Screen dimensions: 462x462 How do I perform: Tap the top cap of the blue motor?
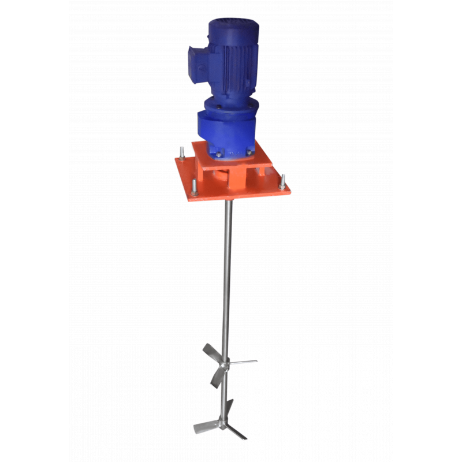point(231,26)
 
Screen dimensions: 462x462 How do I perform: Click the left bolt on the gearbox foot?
point(219,154)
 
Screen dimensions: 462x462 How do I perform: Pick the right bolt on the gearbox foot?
point(249,152)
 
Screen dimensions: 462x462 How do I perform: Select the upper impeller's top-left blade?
point(210,351)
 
